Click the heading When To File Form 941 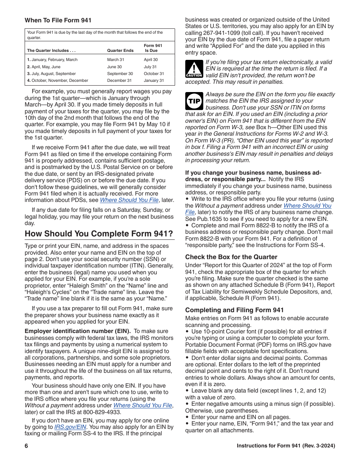[58, 20]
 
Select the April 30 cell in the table [150, 60]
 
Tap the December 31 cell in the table [119, 81]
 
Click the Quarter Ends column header [120, 50]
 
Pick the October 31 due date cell [154, 74]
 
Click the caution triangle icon [194, 69]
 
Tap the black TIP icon [194, 101]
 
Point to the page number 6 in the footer [27, 446]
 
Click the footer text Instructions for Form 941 [286, 446]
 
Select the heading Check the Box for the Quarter [231, 257]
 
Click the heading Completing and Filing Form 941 [234, 310]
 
